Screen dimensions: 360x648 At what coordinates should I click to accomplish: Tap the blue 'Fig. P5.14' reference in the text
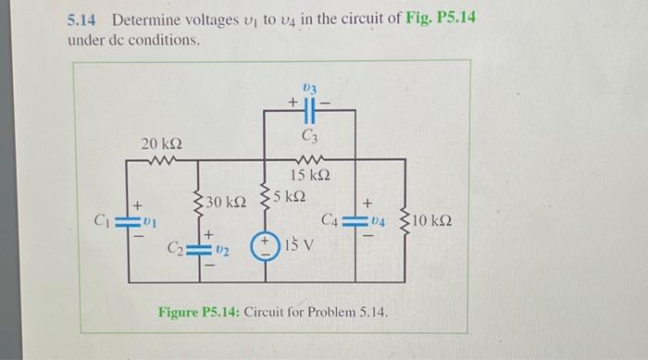[440, 19]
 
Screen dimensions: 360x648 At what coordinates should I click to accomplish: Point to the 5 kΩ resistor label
[290, 196]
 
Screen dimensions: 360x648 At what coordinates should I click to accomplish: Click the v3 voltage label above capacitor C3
[310, 88]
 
